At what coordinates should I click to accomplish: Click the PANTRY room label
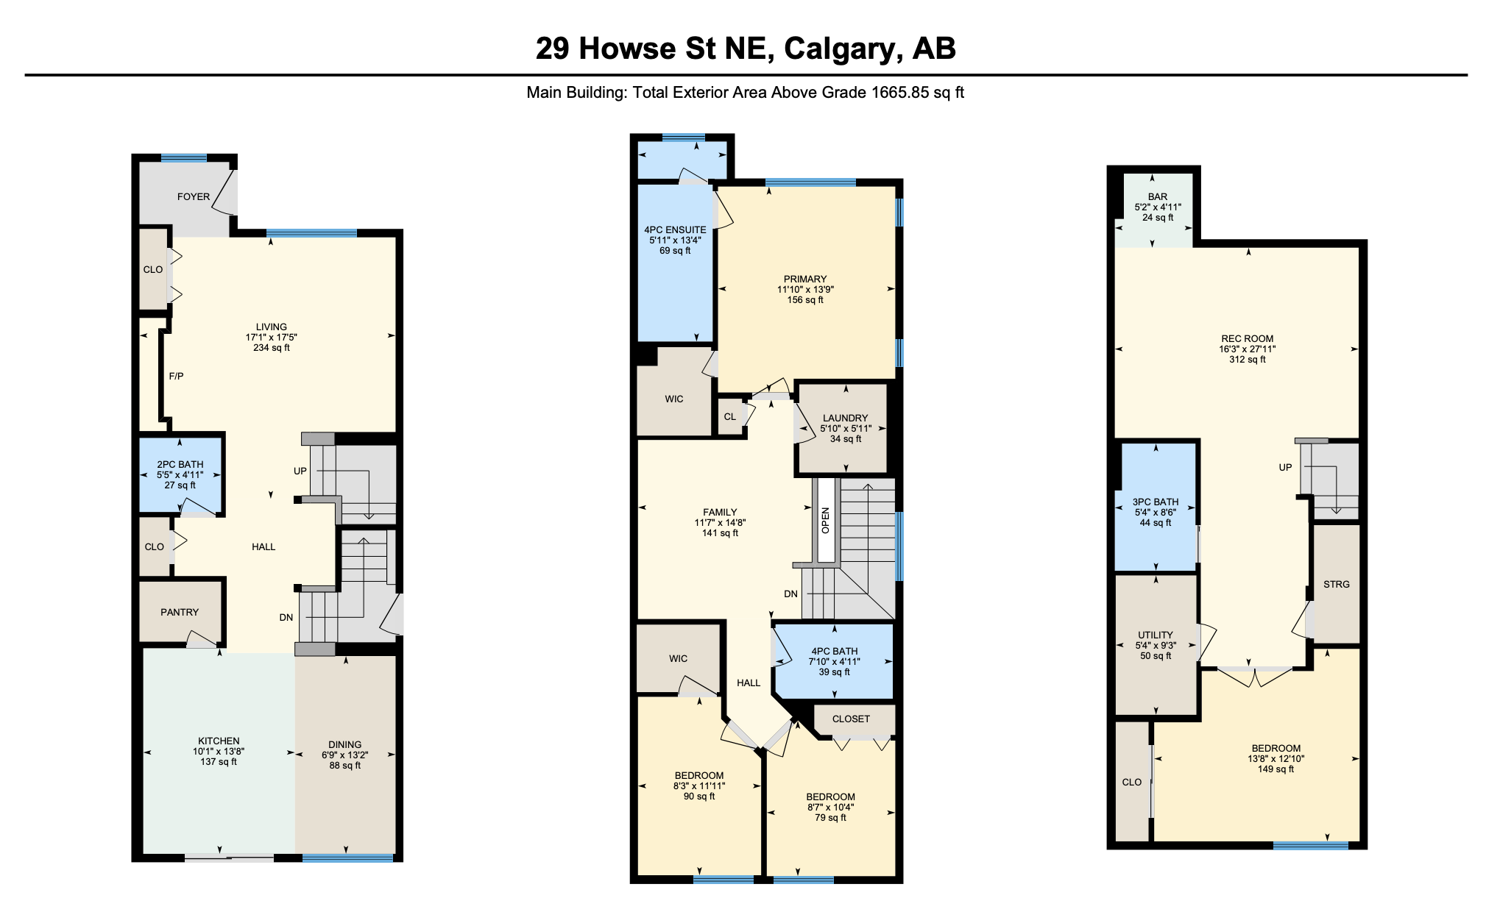(180, 612)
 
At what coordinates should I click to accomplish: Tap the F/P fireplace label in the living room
(177, 376)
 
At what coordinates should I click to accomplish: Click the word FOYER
(194, 196)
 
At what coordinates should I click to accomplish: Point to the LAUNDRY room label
(846, 418)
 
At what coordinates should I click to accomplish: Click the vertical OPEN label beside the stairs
(825, 520)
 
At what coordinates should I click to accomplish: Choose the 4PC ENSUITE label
(675, 229)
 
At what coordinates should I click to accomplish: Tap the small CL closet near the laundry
(729, 416)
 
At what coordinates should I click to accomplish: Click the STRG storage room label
(1337, 584)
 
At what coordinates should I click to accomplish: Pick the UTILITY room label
(1156, 635)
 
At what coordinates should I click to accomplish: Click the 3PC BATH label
(1156, 502)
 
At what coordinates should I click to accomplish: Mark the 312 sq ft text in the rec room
(1248, 360)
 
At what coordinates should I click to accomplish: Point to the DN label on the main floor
(286, 617)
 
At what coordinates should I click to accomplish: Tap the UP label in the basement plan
(1285, 467)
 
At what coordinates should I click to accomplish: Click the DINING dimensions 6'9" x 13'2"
(344, 755)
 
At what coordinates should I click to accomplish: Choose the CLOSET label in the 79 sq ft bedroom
(851, 719)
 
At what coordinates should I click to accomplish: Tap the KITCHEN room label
(219, 741)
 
